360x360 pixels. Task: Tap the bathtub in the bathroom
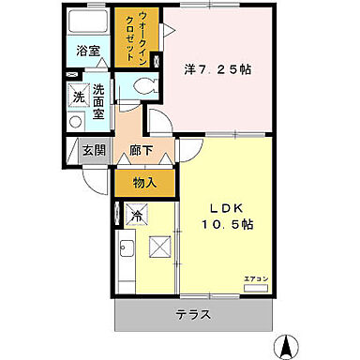coord(88,23)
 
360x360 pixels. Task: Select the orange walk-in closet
coord(136,37)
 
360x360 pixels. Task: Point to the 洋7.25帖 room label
coord(217,68)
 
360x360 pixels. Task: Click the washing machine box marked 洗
coord(79,97)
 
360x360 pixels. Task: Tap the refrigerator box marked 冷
coord(136,215)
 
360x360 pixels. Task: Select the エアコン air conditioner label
coord(255,277)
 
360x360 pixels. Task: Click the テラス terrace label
coord(193,315)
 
